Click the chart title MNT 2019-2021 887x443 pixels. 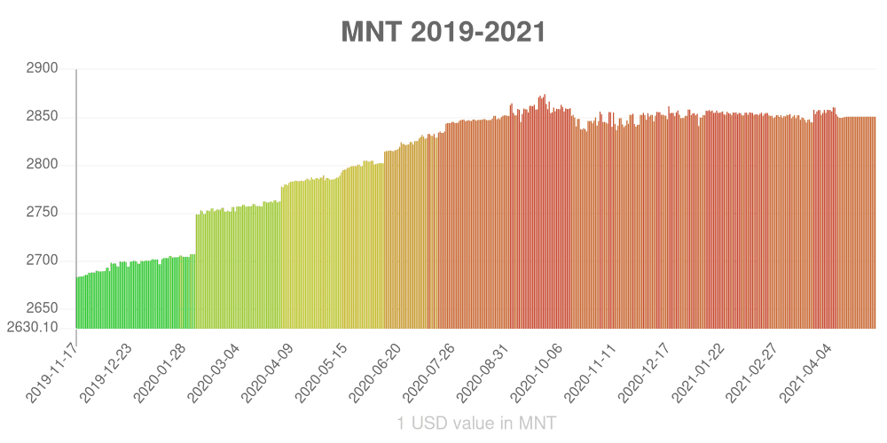click(x=443, y=32)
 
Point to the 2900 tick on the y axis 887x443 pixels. click(x=43, y=68)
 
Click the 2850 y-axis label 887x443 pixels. click(x=43, y=117)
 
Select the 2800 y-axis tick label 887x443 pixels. click(x=43, y=165)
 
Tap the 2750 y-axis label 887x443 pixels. click(x=43, y=213)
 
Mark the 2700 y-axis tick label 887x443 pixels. click(x=43, y=260)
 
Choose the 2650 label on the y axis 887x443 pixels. click(x=43, y=308)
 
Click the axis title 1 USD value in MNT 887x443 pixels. click(x=476, y=424)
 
